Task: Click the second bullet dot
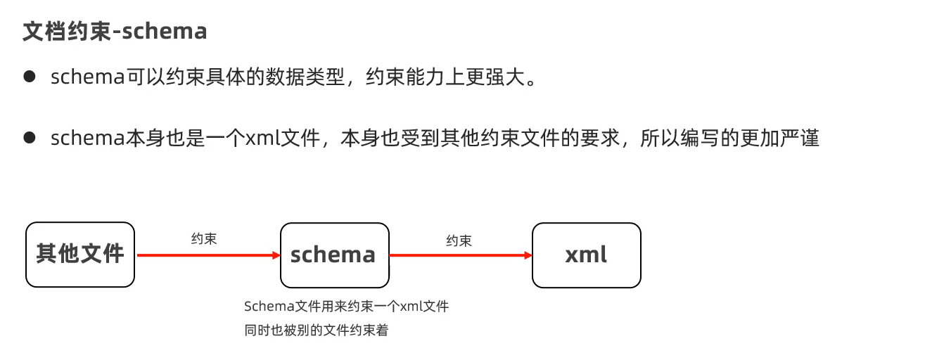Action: (x=30, y=138)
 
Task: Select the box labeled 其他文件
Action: (x=79, y=255)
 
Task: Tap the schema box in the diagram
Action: (x=334, y=255)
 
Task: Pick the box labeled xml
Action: (x=586, y=255)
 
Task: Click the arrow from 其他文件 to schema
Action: (x=204, y=255)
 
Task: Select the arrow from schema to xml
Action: (x=457, y=255)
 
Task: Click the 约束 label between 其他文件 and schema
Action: (x=204, y=238)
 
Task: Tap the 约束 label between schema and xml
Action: (x=459, y=240)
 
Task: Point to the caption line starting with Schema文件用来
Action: (x=346, y=307)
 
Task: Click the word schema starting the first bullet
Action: (x=87, y=77)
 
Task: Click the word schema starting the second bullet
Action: (x=87, y=139)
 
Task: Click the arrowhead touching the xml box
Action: (x=527, y=255)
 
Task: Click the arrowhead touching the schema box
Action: (x=275, y=255)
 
